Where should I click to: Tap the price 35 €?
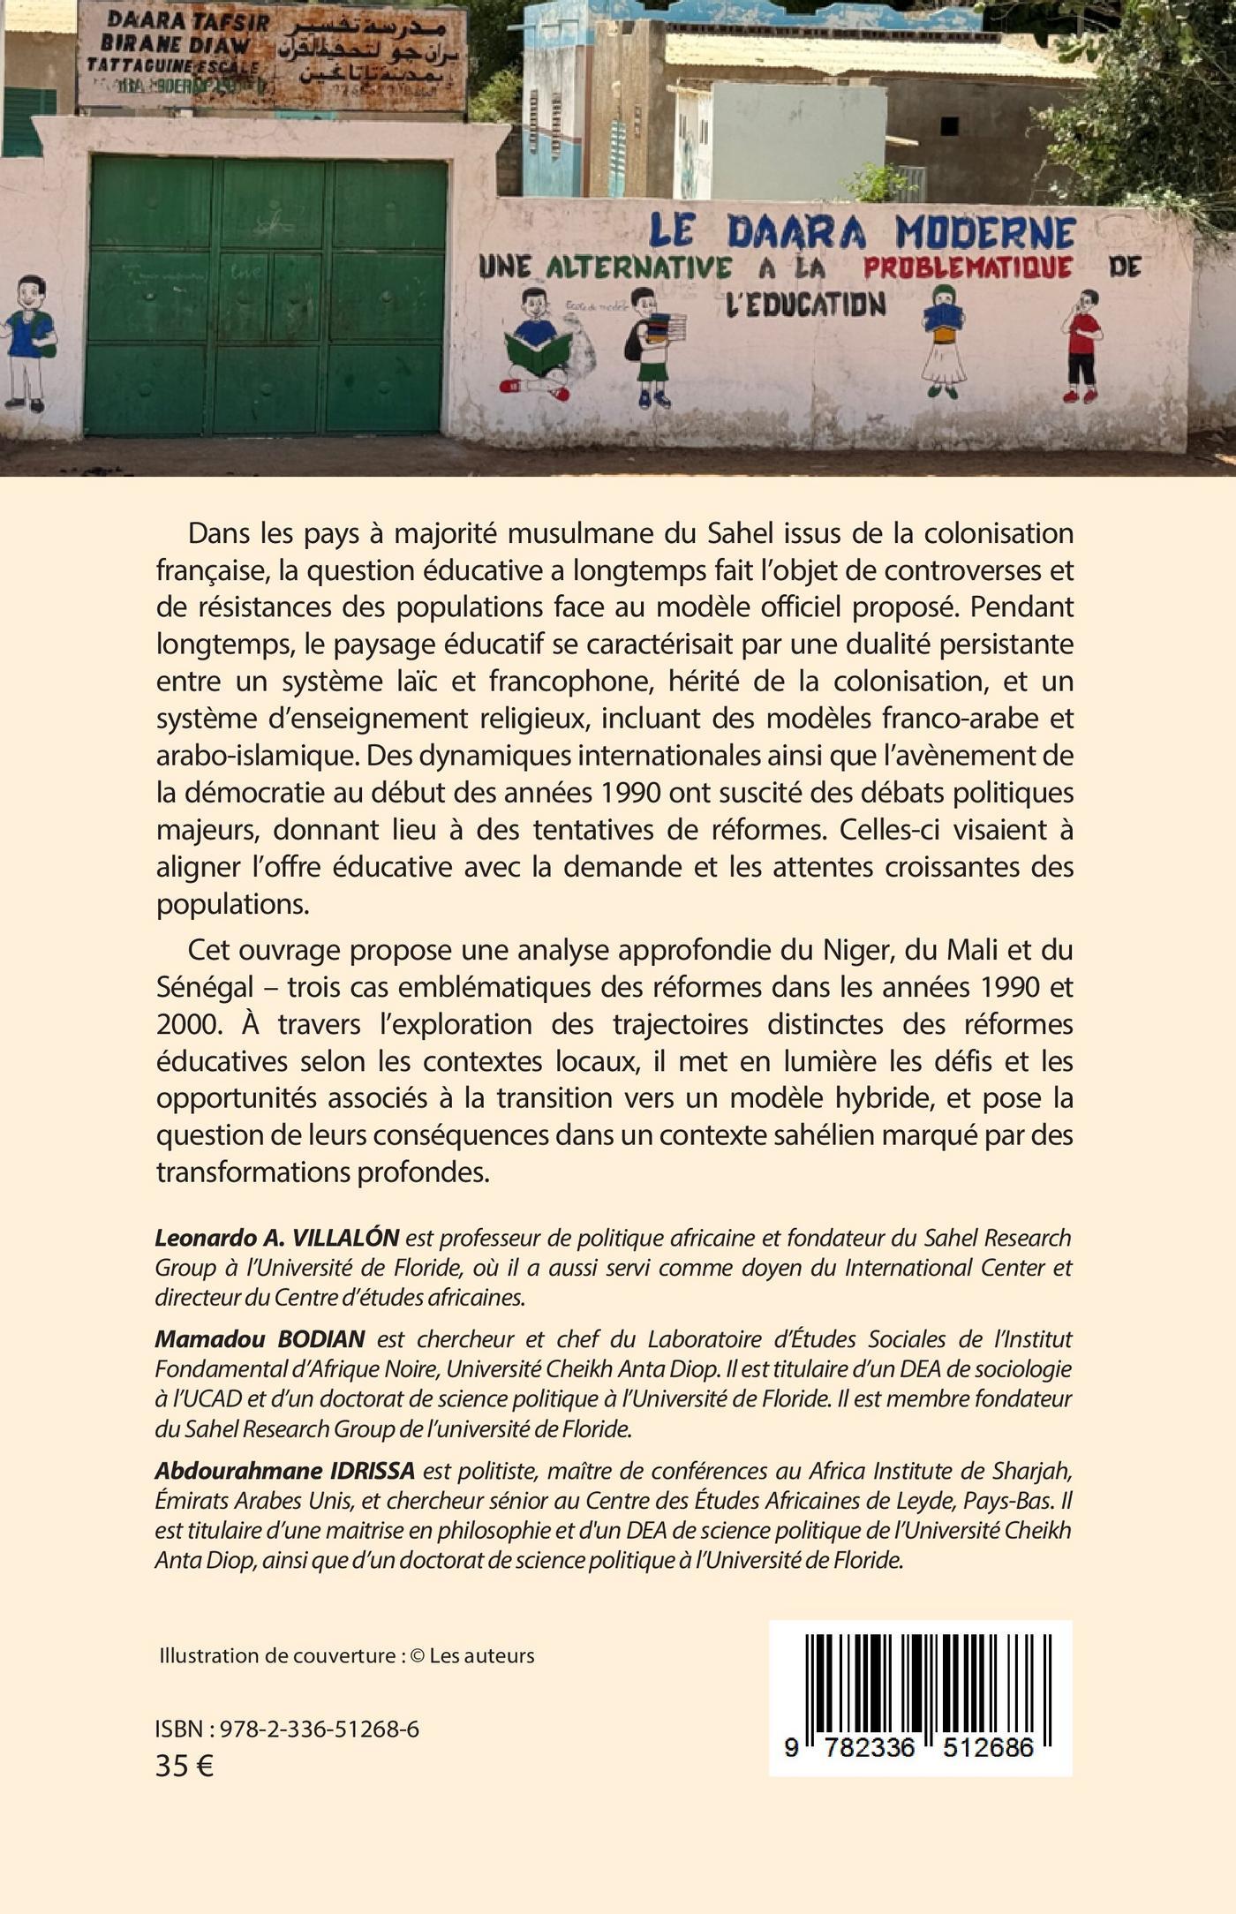(x=185, y=1767)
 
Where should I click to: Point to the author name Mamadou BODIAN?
(x=260, y=1339)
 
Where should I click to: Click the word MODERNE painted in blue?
(x=985, y=233)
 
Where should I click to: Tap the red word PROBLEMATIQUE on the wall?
(x=968, y=267)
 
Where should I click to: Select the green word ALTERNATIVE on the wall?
(x=639, y=268)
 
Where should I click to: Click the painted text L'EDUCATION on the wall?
(x=804, y=304)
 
